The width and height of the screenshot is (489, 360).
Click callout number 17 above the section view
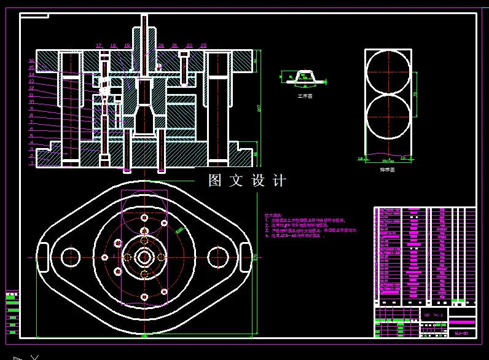click(98, 45)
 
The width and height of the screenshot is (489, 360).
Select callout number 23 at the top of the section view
click(203, 45)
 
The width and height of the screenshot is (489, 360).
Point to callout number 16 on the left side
click(31, 61)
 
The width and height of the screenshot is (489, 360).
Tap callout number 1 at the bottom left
click(31, 163)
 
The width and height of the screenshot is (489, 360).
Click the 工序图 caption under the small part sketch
click(305, 96)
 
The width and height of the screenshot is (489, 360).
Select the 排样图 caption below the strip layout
click(387, 170)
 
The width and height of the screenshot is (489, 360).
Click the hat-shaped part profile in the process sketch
click(305, 77)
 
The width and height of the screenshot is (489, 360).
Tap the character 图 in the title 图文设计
click(214, 181)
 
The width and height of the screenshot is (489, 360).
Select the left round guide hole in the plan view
click(71, 257)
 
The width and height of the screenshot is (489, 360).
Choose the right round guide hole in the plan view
click(217, 257)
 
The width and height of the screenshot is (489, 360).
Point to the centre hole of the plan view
click(144, 257)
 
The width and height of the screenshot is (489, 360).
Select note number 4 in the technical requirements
click(295, 235)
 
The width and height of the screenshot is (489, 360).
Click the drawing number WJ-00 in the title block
click(461, 334)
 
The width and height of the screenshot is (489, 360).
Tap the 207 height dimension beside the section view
click(259, 108)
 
